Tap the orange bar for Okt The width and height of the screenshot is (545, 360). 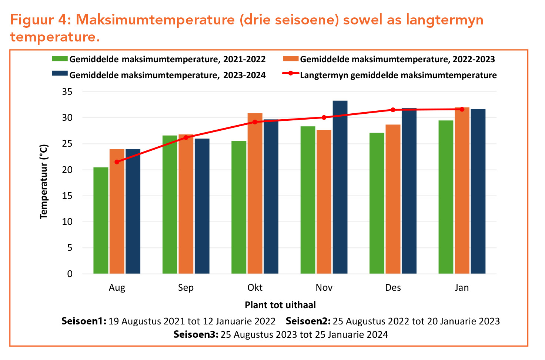click(x=255, y=193)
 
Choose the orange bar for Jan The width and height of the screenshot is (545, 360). click(x=462, y=190)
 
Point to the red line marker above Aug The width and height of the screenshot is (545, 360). click(x=117, y=162)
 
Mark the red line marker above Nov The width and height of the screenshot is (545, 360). click(x=324, y=117)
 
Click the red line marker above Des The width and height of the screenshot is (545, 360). click(x=393, y=110)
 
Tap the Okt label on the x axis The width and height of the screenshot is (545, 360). click(x=255, y=288)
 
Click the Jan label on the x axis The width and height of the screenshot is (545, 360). click(x=462, y=288)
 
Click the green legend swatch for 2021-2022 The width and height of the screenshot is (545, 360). click(x=60, y=59)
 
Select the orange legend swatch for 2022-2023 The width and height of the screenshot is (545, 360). click(x=290, y=59)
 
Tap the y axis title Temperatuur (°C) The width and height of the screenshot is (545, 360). click(x=44, y=181)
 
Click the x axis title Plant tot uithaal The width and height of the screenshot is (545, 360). click(x=280, y=305)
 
